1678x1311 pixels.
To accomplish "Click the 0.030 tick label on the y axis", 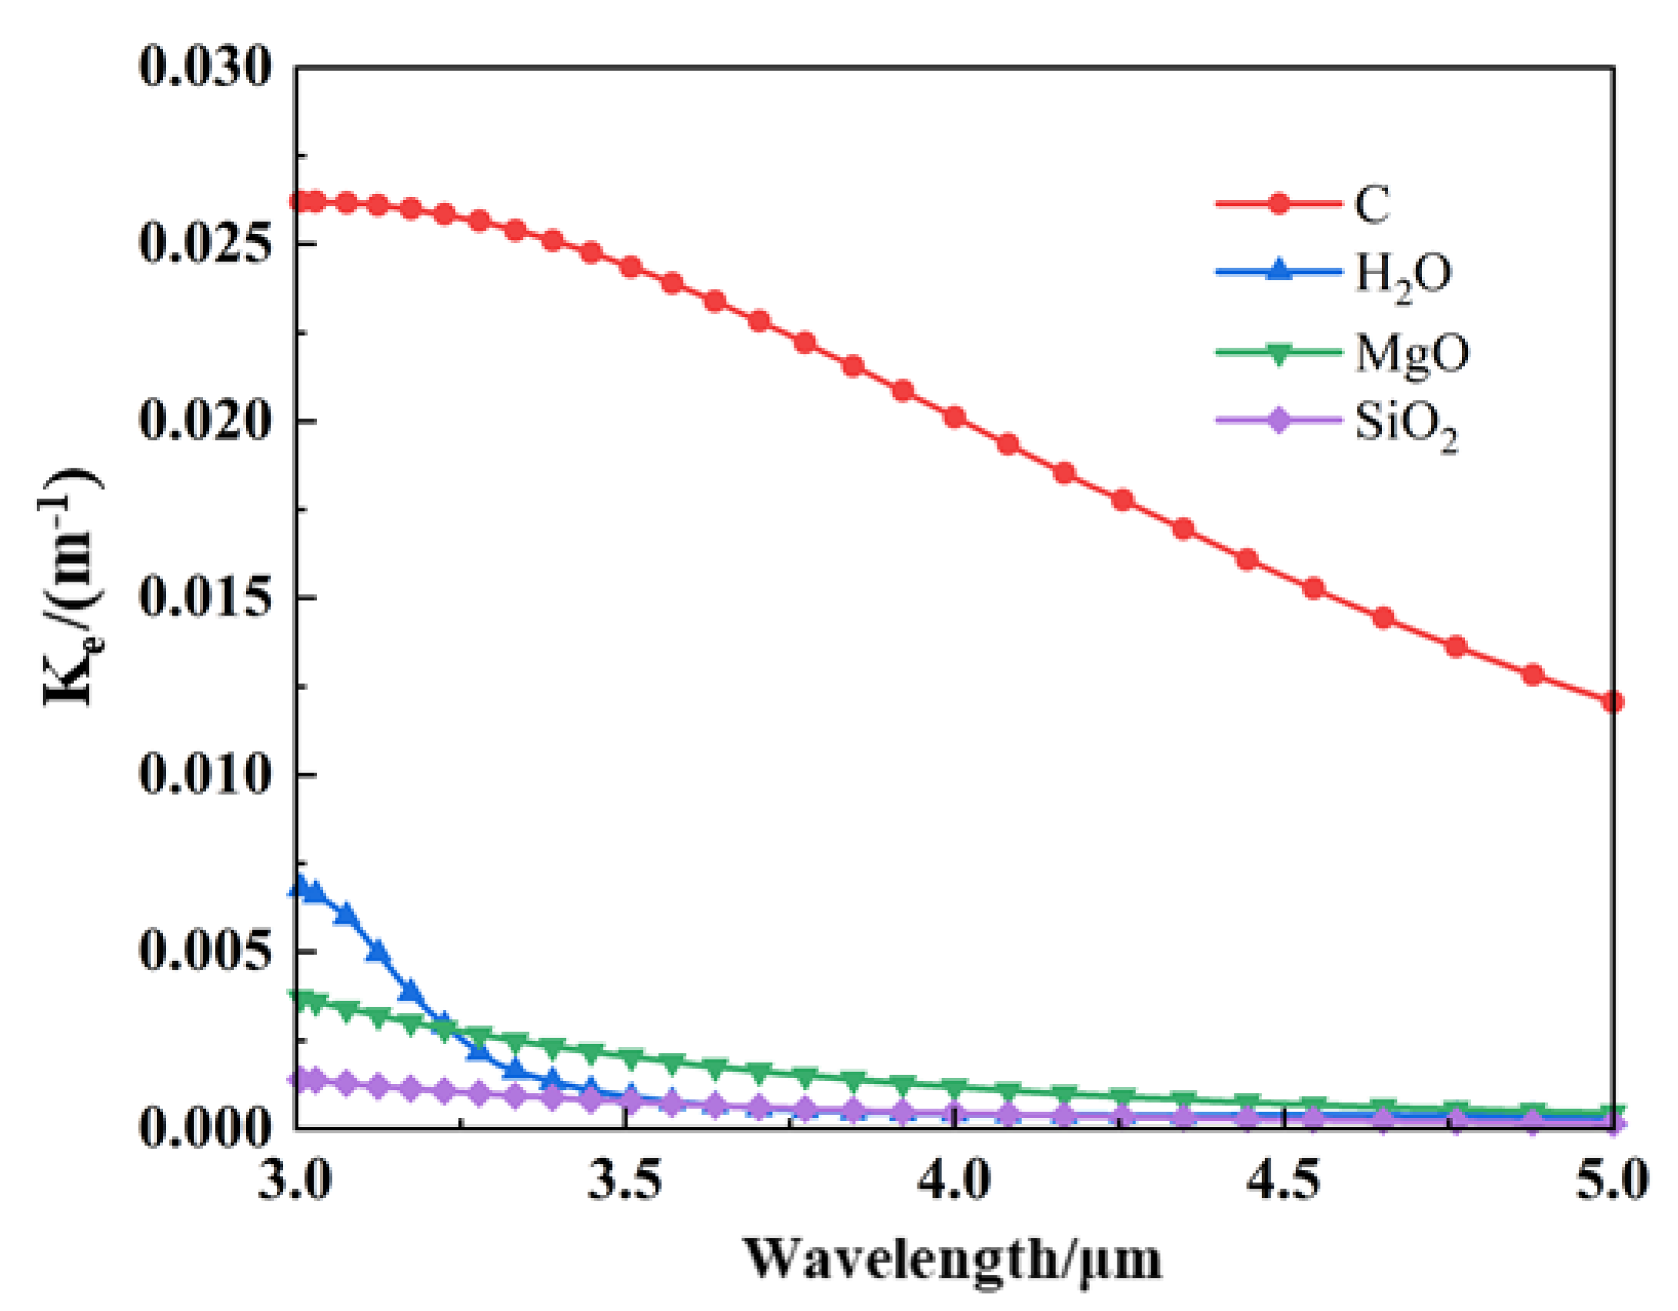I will [x=205, y=67].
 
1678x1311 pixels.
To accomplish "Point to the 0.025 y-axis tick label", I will [x=205, y=244].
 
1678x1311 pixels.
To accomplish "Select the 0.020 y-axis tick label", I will [x=205, y=421].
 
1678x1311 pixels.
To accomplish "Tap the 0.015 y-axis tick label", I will [x=205, y=598].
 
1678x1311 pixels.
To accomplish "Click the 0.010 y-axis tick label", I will [x=205, y=775].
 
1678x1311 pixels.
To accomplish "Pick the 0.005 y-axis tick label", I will [x=205, y=952].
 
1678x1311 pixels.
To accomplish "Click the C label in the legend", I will [x=1372, y=205].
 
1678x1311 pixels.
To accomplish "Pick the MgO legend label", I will [x=1412, y=354].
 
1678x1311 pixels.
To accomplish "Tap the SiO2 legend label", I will [x=1406, y=425].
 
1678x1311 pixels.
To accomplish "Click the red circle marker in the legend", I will [x=1278, y=204].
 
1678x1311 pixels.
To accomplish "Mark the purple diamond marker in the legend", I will [x=1278, y=421].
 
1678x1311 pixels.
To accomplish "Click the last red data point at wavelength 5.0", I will [x=1613, y=702].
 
